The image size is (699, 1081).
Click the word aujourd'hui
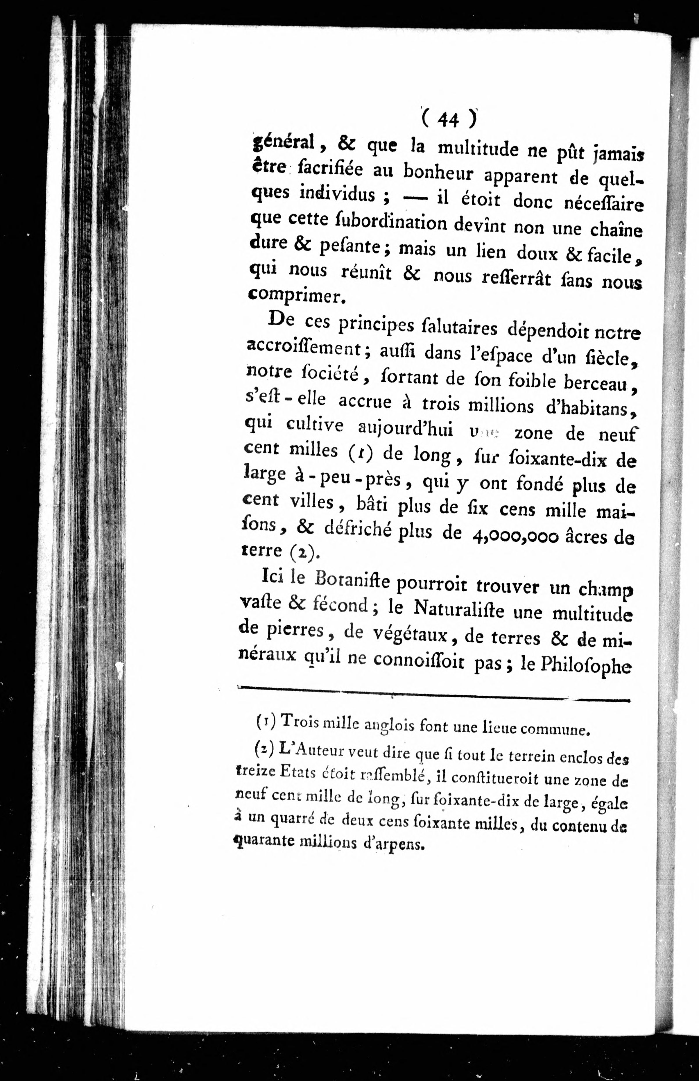405,429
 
